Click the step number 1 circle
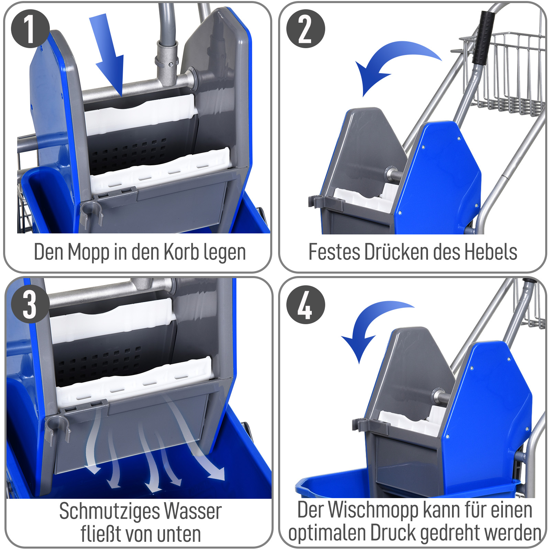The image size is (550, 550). point(30,29)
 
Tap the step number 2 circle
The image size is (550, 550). point(306,29)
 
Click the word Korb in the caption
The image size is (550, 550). point(181,252)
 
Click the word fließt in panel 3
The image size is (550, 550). point(101,534)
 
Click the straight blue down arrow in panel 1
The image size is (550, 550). point(108,55)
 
